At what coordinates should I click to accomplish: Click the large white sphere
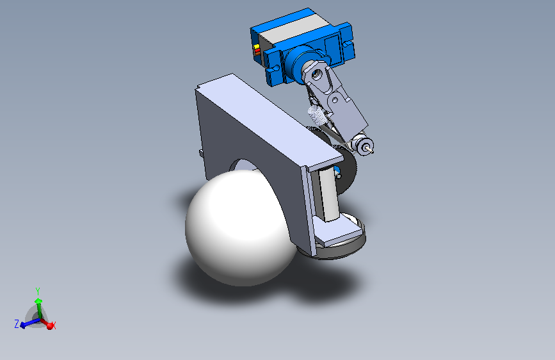pyautogui.click(x=241, y=228)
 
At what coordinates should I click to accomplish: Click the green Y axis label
pyautogui.click(x=38, y=291)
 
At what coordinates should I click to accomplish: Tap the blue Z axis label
pyautogui.click(x=17, y=323)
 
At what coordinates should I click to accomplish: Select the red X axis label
pyautogui.click(x=54, y=325)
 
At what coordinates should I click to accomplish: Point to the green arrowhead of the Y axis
pyautogui.click(x=38, y=302)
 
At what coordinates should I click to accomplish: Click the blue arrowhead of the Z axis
pyautogui.click(x=23, y=325)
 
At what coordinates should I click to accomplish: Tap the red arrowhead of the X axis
pyautogui.click(x=49, y=326)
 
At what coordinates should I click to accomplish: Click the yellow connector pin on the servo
pyautogui.click(x=256, y=47)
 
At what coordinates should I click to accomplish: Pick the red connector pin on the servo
pyautogui.click(x=257, y=51)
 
